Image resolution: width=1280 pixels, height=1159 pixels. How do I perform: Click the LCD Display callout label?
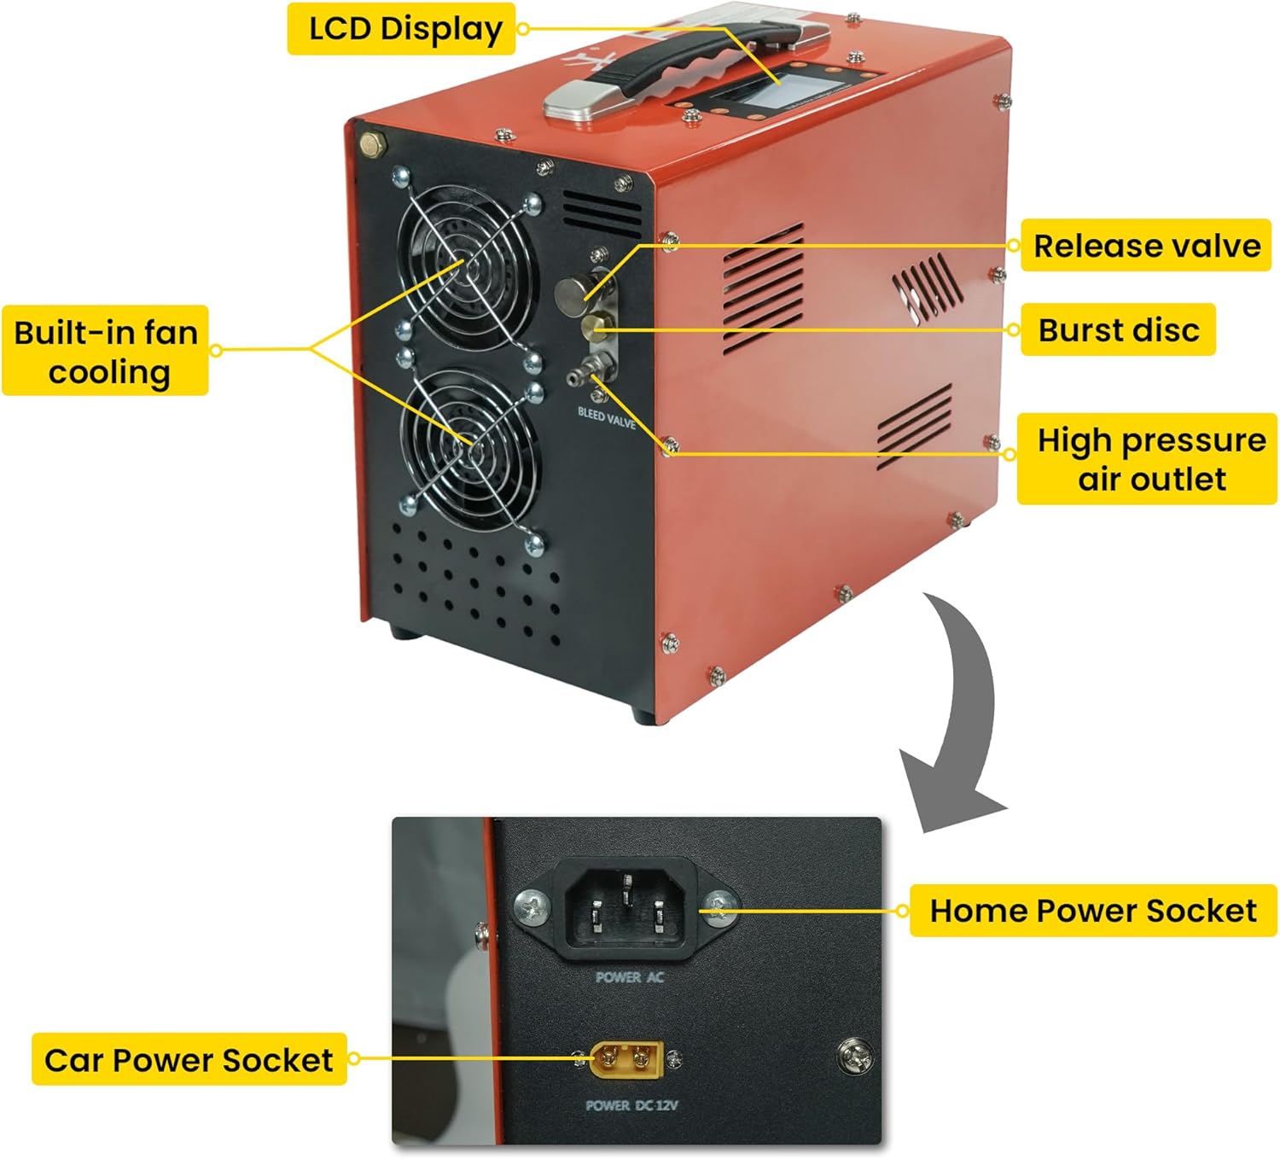pyautogui.click(x=401, y=29)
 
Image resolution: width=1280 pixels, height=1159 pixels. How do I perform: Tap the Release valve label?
pyautogui.click(x=1146, y=246)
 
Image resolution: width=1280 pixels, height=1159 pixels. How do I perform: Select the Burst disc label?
pyautogui.click(x=1118, y=329)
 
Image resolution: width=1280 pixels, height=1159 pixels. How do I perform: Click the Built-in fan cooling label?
pyautogui.click(x=106, y=351)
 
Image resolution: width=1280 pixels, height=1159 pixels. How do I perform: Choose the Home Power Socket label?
pyautogui.click(x=1092, y=911)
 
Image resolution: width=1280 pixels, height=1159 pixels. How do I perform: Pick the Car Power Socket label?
pyautogui.click(x=189, y=1060)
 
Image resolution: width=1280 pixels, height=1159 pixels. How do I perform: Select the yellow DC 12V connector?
pyautogui.click(x=626, y=1060)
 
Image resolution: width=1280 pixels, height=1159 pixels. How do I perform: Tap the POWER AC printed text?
pyautogui.click(x=629, y=977)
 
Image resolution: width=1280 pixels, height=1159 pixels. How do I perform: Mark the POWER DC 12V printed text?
pyautogui.click(x=631, y=1105)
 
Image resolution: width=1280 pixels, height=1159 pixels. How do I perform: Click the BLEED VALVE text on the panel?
pyautogui.click(x=607, y=417)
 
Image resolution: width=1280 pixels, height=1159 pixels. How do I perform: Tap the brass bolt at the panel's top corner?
pyautogui.click(x=373, y=144)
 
